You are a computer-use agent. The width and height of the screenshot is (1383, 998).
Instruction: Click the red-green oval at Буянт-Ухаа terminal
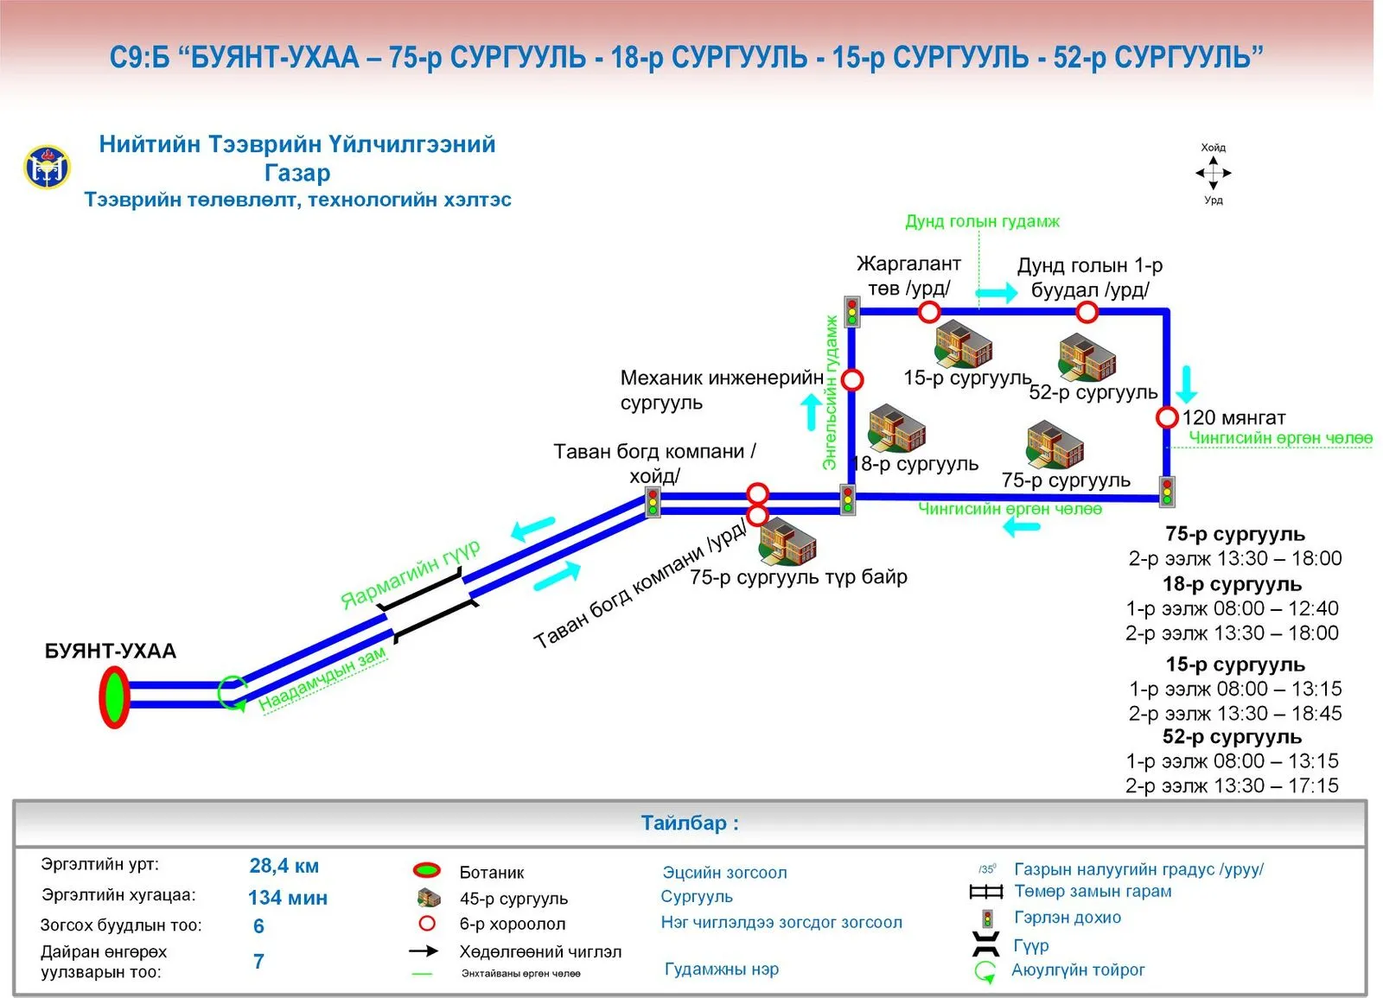(114, 696)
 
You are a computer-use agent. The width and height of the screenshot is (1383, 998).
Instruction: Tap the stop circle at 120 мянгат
(1166, 417)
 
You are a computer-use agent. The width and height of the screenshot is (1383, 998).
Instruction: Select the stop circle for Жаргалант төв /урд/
(929, 312)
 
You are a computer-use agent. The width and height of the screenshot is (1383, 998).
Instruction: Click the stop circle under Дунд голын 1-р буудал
(1087, 312)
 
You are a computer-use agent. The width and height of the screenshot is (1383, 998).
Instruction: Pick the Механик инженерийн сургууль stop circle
(852, 379)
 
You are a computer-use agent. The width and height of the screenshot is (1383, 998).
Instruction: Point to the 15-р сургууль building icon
(963, 346)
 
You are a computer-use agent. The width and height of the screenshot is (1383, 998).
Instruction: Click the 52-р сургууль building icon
(1087, 358)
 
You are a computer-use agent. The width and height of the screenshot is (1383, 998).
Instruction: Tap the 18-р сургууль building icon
(896, 429)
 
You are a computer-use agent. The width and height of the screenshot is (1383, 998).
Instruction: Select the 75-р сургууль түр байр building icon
(787, 542)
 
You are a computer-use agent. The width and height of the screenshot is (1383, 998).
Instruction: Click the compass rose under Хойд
(1214, 174)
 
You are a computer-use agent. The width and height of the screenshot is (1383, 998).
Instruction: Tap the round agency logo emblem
(47, 167)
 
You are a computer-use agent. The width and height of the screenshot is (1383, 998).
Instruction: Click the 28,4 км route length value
(284, 866)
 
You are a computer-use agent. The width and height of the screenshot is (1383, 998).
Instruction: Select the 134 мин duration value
(288, 898)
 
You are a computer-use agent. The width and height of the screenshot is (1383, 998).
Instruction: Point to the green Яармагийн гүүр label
(411, 574)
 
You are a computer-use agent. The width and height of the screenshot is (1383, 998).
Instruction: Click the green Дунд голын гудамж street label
(982, 221)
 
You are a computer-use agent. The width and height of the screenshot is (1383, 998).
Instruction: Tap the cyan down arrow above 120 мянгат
(1186, 385)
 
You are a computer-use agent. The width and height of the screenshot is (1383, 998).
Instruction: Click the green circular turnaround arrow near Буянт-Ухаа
(233, 693)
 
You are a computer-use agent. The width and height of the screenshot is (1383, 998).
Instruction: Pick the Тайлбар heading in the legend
(690, 823)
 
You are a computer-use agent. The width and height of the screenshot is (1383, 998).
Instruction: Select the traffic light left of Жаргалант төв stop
(852, 312)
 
